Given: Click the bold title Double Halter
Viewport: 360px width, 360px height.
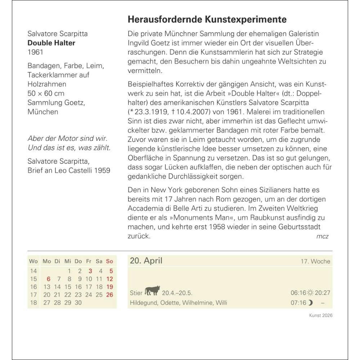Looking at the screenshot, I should pyautogui.click(x=51, y=43).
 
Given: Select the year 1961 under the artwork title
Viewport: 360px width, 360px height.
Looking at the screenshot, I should pyautogui.click(x=35, y=52).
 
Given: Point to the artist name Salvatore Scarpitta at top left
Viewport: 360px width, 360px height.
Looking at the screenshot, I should pyautogui.click(x=58, y=34).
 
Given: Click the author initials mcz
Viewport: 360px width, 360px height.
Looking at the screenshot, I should pyautogui.click(x=322, y=236).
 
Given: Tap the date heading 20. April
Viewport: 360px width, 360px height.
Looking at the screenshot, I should pyautogui.click(x=146, y=261).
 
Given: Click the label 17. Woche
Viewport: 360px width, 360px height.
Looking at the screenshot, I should pyautogui.click(x=315, y=262).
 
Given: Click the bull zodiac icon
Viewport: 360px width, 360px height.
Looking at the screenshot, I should pyautogui.click(x=152, y=290).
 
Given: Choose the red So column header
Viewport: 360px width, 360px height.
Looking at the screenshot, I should pyautogui.click(x=109, y=261).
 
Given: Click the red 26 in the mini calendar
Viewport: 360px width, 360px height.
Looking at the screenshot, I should pyautogui.click(x=109, y=295).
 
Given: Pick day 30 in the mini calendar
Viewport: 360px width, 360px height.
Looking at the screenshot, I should pyautogui.click(x=78, y=303).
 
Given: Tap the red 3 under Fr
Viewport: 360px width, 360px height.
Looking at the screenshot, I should pyautogui.click(x=90, y=271).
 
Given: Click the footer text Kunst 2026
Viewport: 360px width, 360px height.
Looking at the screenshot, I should pyautogui.click(x=321, y=315).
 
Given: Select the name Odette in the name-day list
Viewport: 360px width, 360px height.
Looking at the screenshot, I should pyautogui.click(x=169, y=303).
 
